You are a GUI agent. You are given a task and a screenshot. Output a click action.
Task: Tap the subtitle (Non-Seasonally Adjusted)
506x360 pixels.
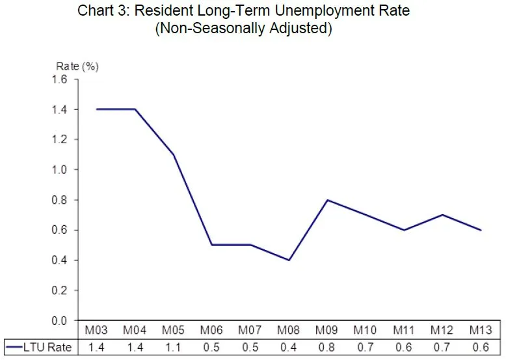click(x=243, y=29)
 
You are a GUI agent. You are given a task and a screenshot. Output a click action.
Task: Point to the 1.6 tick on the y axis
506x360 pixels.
click(x=60, y=79)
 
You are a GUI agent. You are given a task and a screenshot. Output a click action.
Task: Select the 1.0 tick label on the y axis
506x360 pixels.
click(x=60, y=170)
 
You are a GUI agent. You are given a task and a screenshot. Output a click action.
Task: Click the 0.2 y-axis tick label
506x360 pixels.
click(x=60, y=290)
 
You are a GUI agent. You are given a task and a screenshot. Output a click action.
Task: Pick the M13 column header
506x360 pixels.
click(x=481, y=331)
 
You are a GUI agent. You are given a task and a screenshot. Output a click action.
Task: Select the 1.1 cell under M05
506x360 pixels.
click(x=173, y=347)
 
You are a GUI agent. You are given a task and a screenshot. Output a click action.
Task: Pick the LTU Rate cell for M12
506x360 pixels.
click(x=443, y=347)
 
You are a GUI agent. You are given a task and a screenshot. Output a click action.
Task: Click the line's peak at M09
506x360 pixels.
click(x=327, y=200)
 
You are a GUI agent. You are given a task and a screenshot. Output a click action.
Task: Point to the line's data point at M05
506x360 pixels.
click(x=173, y=154)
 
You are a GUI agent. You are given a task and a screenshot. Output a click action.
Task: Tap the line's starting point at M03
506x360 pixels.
click(x=96, y=109)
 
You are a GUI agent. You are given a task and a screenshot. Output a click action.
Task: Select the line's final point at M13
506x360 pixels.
click(x=481, y=230)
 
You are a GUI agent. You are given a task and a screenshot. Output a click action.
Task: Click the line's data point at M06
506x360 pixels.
click(x=211, y=245)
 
